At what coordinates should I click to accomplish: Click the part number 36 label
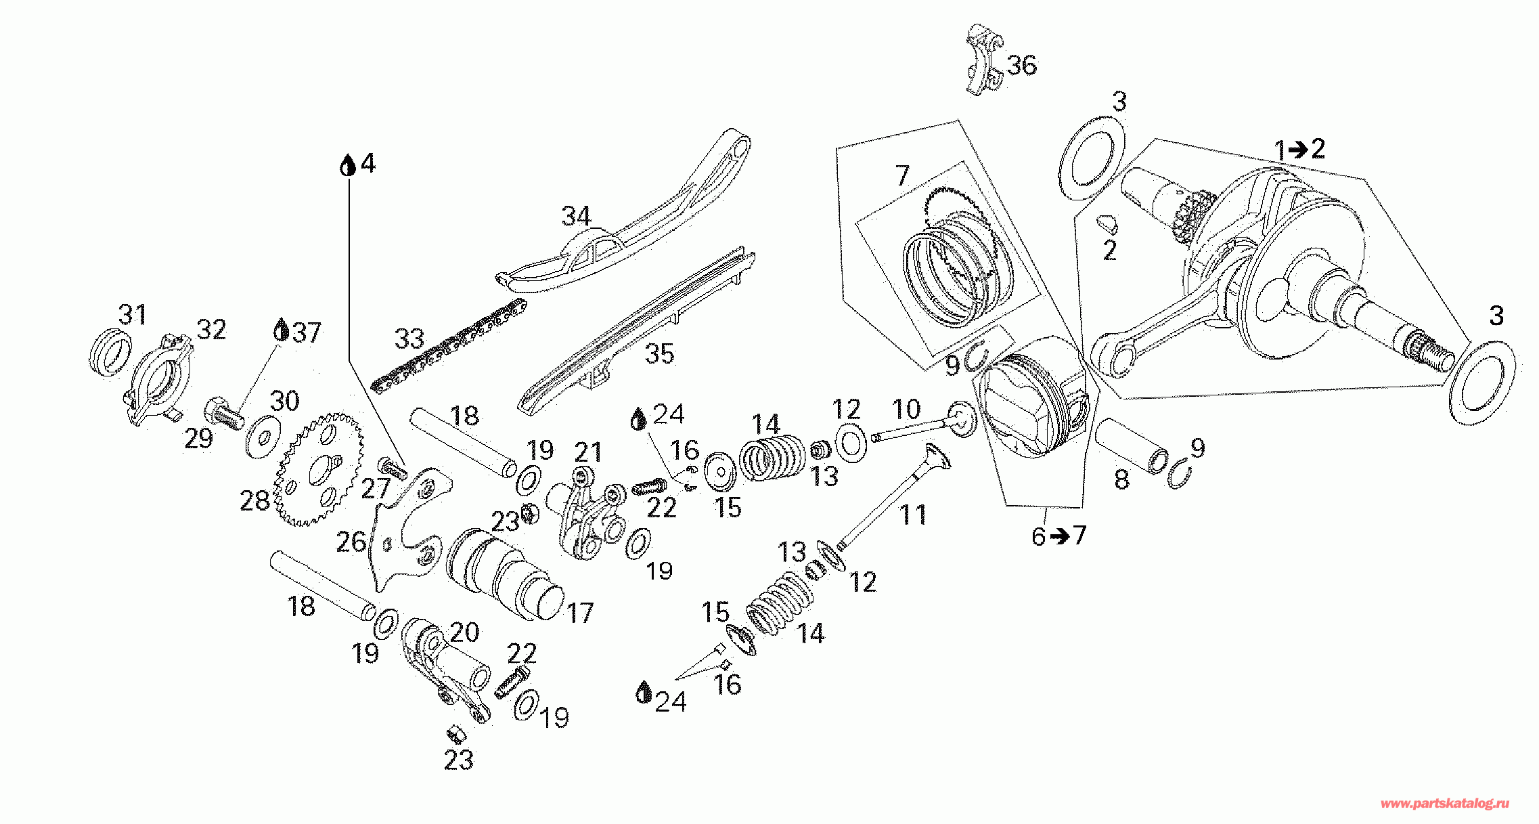click(x=1021, y=65)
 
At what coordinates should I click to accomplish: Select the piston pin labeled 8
click(x=1130, y=446)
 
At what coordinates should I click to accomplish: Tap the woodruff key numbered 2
click(x=1108, y=221)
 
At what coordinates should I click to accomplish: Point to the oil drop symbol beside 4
click(x=348, y=164)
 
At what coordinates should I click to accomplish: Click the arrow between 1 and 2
click(x=1297, y=150)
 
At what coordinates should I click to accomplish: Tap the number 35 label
click(x=659, y=353)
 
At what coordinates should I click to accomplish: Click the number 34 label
click(x=576, y=217)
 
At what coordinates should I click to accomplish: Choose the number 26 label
click(x=351, y=542)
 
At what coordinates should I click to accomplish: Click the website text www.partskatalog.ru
click(x=1444, y=804)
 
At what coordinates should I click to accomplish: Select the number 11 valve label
click(x=913, y=515)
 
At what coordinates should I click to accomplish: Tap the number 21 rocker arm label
click(x=588, y=452)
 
